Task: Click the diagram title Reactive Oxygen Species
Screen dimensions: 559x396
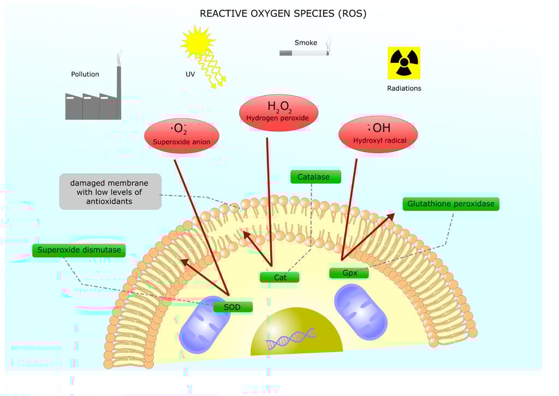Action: tap(283, 14)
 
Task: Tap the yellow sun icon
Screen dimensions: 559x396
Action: tap(198, 42)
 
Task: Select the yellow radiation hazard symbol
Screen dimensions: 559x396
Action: tap(404, 63)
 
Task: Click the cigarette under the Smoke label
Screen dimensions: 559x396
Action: tap(304, 53)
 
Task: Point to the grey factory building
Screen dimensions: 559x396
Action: tap(93, 103)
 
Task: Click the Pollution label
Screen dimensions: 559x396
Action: tap(85, 74)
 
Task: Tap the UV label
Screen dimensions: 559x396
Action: tap(190, 74)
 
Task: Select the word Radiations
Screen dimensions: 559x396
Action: tap(404, 88)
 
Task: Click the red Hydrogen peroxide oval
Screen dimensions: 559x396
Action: tap(278, 113)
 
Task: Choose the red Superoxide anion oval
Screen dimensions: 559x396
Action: tap(181, 136)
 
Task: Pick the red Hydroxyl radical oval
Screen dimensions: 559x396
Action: tap(378, 134)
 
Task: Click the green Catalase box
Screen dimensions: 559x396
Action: tap(316, 177)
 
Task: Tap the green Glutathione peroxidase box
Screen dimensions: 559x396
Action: tap(451, 204)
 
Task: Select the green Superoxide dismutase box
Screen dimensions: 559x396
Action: tap(79, 250)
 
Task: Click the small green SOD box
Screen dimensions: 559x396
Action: tap(233, 307)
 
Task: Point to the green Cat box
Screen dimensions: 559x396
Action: tap(279, 277)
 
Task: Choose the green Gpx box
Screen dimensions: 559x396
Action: tap(349, 273)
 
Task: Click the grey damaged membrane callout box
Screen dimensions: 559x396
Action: tap(110, 192)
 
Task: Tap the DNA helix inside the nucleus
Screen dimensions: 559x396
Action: tap(291, 338)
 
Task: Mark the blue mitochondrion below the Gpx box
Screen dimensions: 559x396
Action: tap(361, 312)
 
